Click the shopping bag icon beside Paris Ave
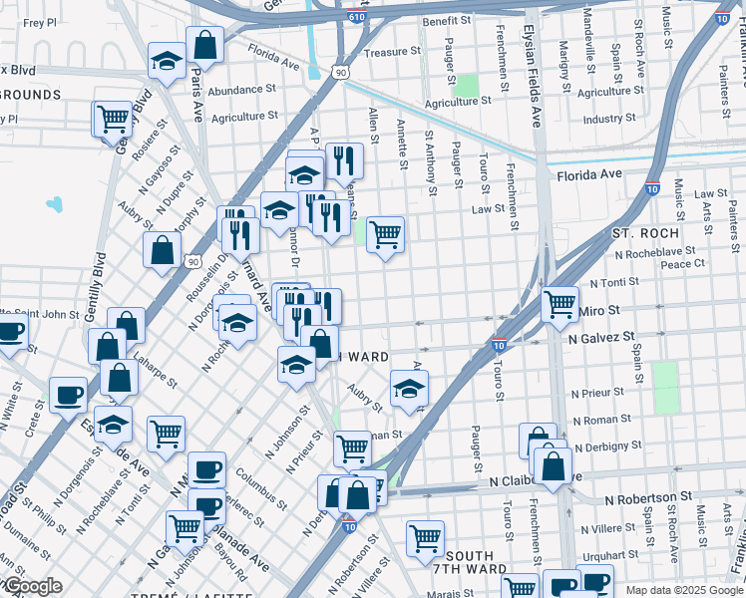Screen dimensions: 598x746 pyautogui.click(x=204, y=44)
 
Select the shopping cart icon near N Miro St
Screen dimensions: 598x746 pyautogui.click(x=559, y=302)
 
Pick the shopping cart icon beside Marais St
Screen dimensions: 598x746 pyautogui.click(x=425, y=538)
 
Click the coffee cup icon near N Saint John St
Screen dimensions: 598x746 pyautogui.click(x=10, y=332)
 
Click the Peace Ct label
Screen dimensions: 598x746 pyautogui.click(x=683, y=264)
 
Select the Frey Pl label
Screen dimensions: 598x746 pyautogui.click(x=39, y=22)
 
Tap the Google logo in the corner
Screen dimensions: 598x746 pyautogui.click(x=32, y=586)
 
